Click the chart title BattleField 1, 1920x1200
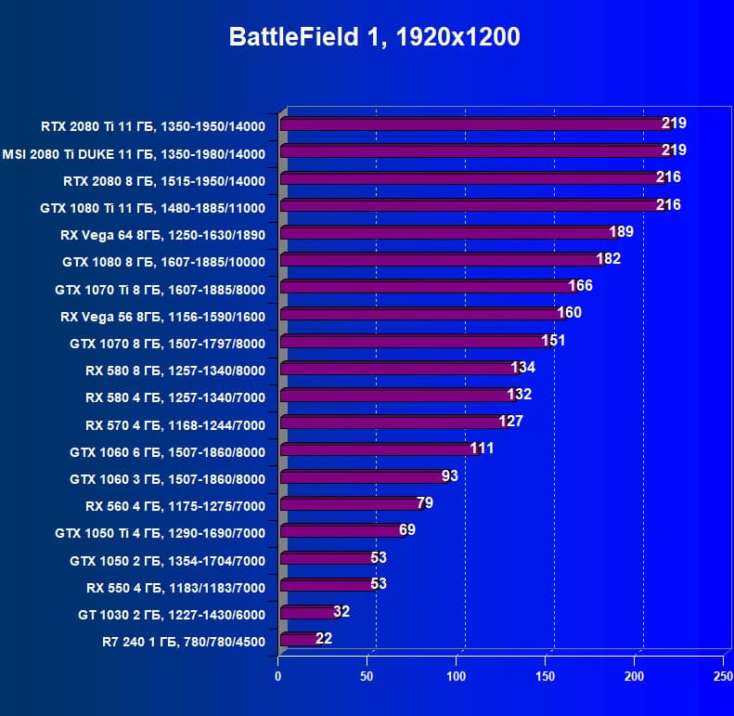(375, 38)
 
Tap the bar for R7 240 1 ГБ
(299, 639)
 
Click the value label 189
(621, 231)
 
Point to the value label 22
(324, 638)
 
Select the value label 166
(580, 285)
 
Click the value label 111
(482, 449)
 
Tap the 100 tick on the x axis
(457, 676)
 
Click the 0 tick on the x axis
(278, 676)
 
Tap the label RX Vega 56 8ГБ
(163, 316)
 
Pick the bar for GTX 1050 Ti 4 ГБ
(341, 531)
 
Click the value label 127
(511, 421)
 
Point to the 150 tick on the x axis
(546, 676)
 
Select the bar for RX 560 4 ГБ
(349, 504)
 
